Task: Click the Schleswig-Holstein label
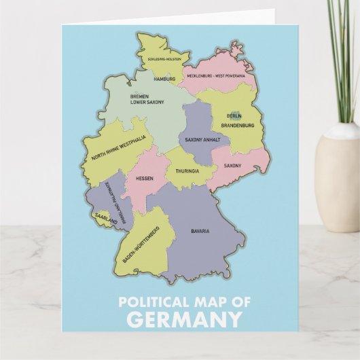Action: point(164,58)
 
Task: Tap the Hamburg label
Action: point(164,79)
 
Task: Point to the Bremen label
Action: point(140,96)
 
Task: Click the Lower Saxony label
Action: point(147,103)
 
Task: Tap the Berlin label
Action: point(234,116)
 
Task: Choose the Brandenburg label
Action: point(238,126)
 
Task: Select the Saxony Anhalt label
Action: point(202,140)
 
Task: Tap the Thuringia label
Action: point(187,171)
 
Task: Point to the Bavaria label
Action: point(200,231)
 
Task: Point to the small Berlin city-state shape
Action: point(236,116)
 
